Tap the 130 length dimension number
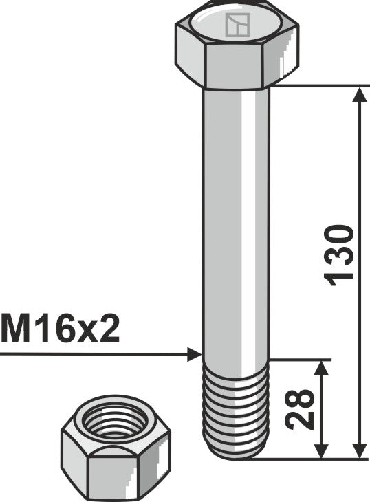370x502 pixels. tap(341, 253)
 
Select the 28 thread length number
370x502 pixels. tap(301, 410)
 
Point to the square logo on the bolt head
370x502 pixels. tap(236, 26)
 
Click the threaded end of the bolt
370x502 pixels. tap(235, 409)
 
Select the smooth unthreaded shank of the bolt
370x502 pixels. tap(235, 220)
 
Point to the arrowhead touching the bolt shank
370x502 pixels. tap(194, 355)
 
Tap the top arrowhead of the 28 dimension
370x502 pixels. tap(320, 367)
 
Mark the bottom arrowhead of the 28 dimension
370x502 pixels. tap(320, 450)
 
